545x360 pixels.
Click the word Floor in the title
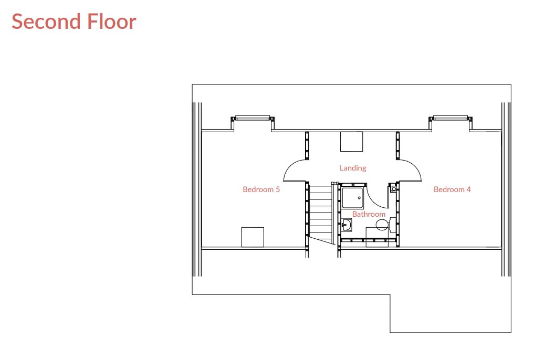[x=111, y=22]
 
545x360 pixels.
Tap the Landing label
[x=353, y=168]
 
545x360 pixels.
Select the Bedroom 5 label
[x=261, y=189]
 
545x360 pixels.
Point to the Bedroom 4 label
[x=452, y=189]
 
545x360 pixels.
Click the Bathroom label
[x=369, y=214]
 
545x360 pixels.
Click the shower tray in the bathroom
[x=353, y=198]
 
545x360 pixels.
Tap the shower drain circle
[x=359, y=198]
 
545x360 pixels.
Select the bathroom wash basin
[x=347, y=225]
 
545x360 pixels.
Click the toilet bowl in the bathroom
[x=382, y=225]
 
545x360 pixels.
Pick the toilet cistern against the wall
[x=392, y=225]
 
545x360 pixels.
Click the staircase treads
[x=320, y=213]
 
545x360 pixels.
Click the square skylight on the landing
[x=351, y=142]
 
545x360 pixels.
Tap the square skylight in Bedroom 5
[x=253, y=237]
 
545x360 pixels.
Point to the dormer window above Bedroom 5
[x=253, y=118]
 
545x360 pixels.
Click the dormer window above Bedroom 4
[x=450, y=118]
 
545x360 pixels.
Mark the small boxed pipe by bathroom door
[x=394, y=189]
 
